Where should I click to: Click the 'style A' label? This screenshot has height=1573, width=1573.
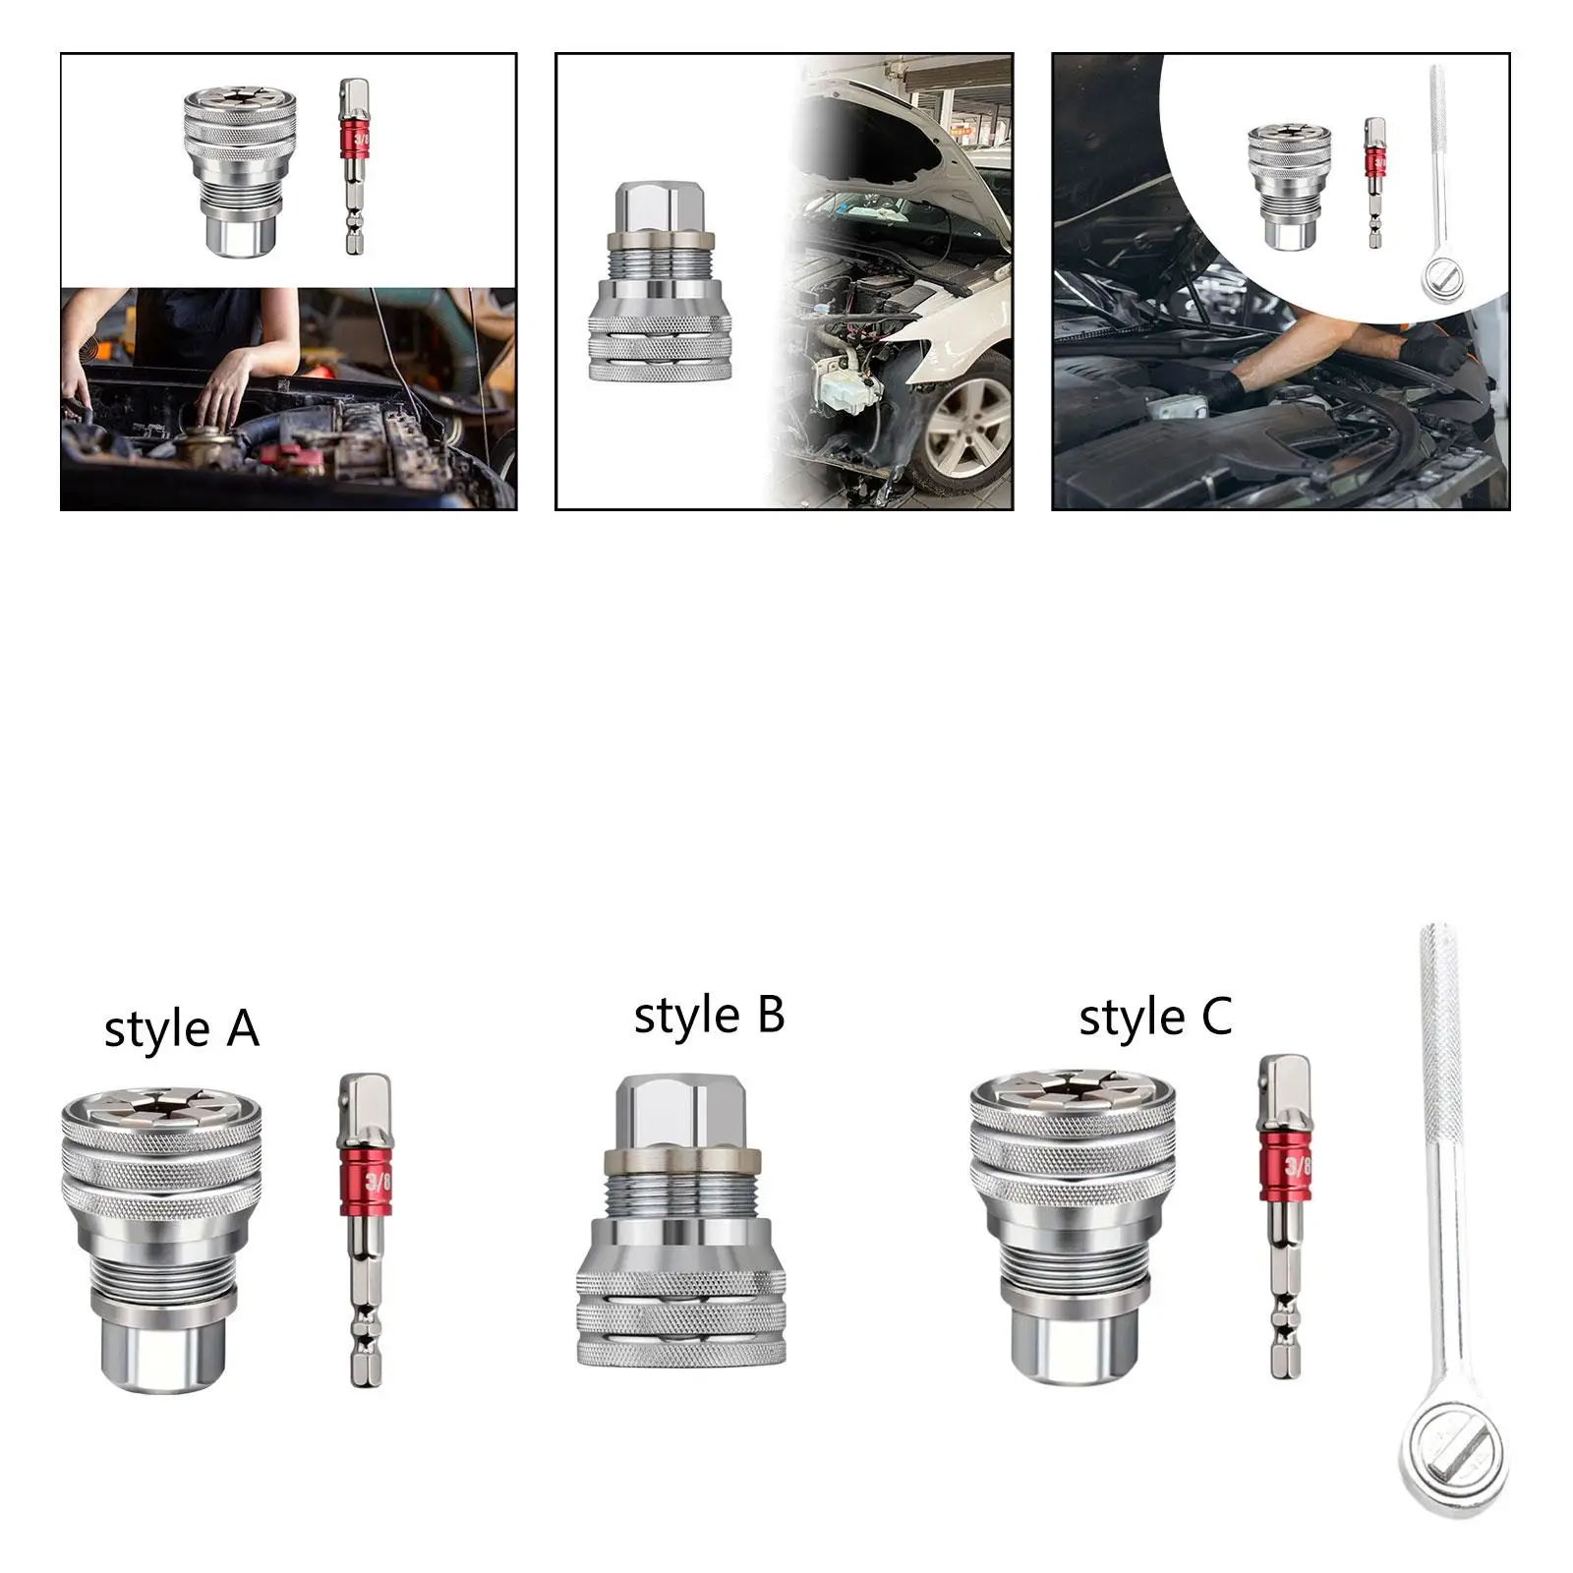coord(181,1029)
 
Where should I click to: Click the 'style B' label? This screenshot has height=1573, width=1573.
coord(709,1016)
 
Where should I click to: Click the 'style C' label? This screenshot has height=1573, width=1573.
coord(1155,1017)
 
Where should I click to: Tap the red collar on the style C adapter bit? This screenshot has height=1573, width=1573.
coord(1284,1168)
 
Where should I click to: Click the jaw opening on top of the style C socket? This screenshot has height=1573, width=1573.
coord(1070,1093)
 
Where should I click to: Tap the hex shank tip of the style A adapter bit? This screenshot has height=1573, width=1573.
coord(364,1357)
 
